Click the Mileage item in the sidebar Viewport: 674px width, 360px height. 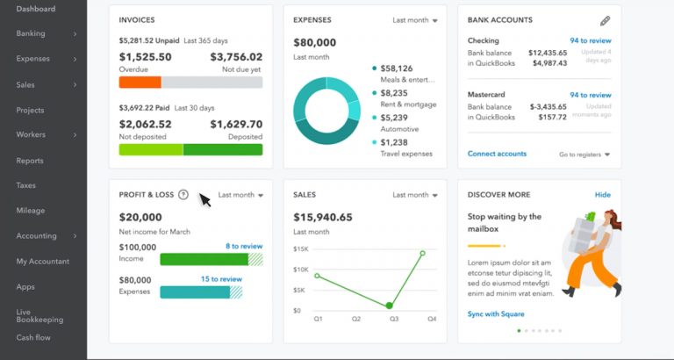30,211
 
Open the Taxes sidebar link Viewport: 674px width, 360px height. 25,185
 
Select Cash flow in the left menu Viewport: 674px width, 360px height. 33,337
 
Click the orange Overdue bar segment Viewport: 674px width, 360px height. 140,82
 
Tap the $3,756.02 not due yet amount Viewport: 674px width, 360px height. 236,57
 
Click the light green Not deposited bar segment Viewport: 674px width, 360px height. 151,149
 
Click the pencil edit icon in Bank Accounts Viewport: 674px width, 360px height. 605,20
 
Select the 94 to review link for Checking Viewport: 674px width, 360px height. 590,40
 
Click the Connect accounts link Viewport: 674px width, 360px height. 497,154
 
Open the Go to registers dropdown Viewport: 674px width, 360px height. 584,155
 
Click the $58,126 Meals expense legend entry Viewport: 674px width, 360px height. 396,68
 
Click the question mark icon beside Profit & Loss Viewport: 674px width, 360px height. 183,195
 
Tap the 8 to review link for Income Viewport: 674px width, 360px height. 243,247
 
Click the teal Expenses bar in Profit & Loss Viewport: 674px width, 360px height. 195,292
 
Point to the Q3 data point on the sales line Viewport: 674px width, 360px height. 389,306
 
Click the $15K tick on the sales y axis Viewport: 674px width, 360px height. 300,249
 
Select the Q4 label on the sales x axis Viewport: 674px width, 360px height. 432,320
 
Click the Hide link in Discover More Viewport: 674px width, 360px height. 602,195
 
